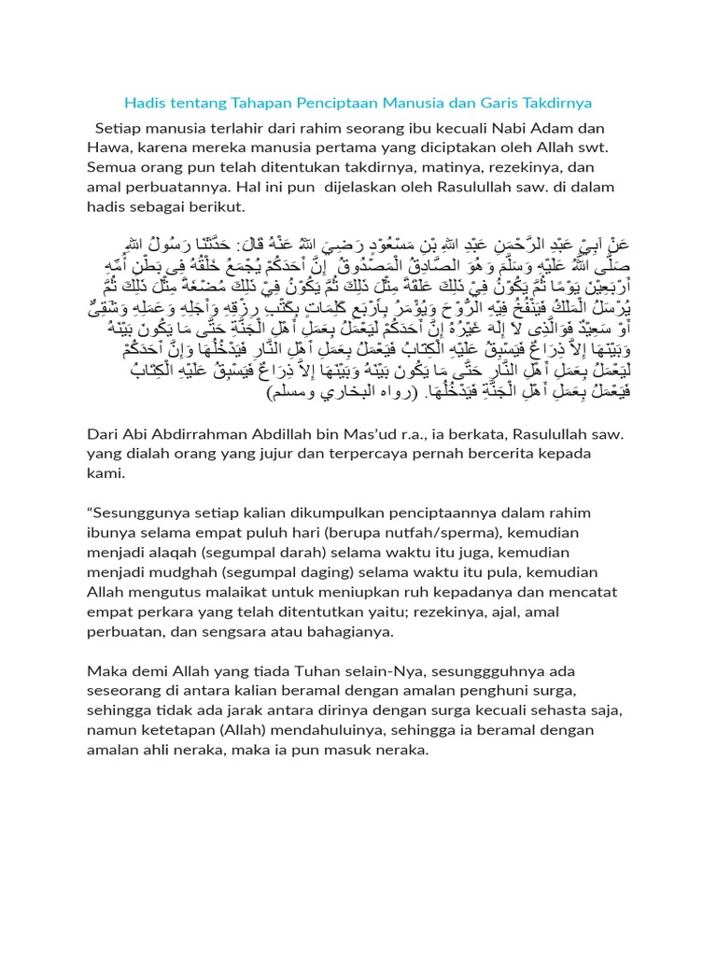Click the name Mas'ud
373,436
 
